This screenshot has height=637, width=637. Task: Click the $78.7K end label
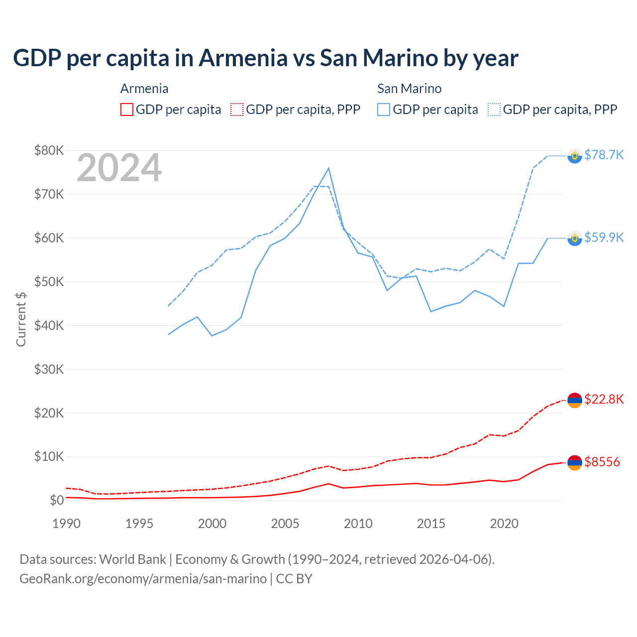tap(604, 155)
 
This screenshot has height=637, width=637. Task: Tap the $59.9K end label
tap(604, 237)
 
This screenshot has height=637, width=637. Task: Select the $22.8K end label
tap(604, 399)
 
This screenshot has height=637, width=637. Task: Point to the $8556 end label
tap(602, 462)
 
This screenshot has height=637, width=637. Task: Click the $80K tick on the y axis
tap(49, 150)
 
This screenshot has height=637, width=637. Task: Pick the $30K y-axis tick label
tap(49, 369)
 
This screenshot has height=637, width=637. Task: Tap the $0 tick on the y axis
tap(56, 500)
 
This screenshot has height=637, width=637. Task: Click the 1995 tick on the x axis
tap(139, 524)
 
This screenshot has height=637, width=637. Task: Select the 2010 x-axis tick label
tap(358, 524)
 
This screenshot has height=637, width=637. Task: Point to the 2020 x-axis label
tap(504, 524)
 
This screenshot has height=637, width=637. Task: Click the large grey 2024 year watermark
tap(119, 168)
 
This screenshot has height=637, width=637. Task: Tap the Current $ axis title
tap(20, 319)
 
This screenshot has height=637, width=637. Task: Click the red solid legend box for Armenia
tap(127, 109)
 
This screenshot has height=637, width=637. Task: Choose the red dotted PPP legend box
tap(237, 109)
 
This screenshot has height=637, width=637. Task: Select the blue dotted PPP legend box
tap(494, 109)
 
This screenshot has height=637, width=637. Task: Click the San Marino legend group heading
tap(409, 89)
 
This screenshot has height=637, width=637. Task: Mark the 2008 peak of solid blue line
tap(328, 168)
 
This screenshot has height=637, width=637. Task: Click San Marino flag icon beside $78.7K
tap(575, 156)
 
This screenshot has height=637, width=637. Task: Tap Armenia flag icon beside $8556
tap(575, 462)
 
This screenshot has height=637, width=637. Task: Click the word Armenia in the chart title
tap(243, 58)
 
